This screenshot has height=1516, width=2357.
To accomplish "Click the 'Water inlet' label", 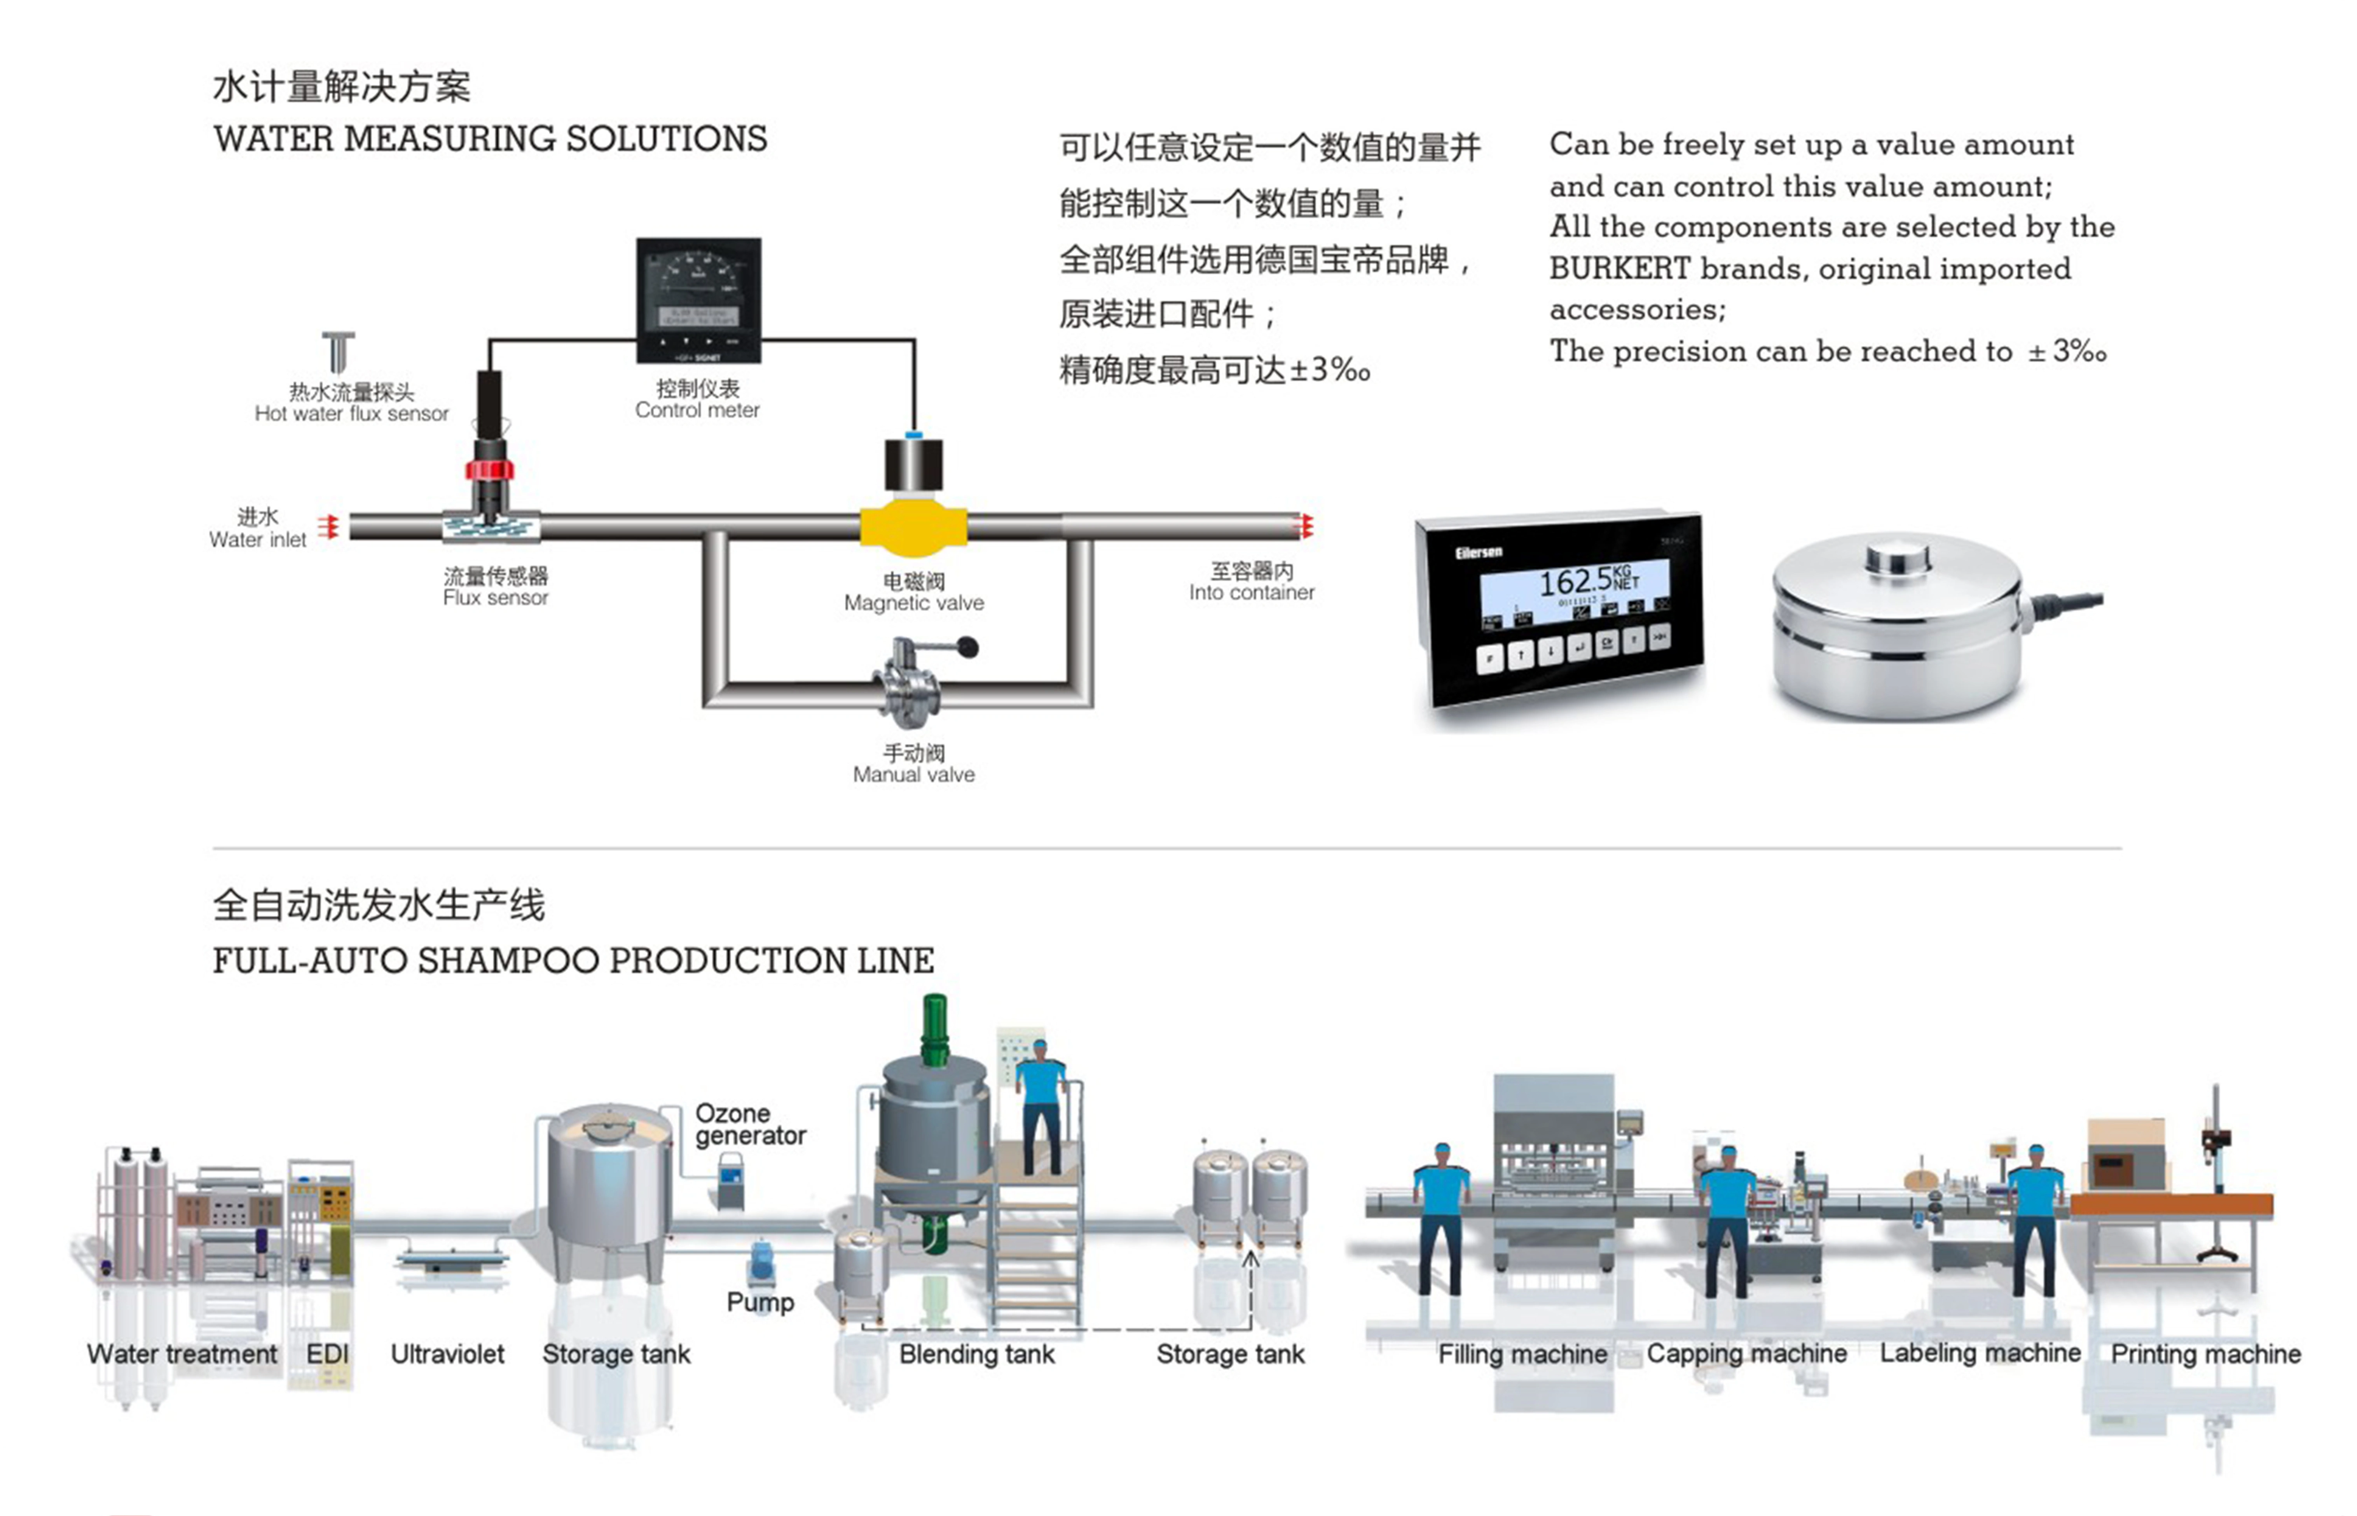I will [258, 539].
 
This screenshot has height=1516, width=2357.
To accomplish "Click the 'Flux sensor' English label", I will [495, 598].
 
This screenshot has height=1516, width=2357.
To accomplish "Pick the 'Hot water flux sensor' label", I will [351, 413].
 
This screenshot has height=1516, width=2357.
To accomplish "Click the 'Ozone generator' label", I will [750, 1124].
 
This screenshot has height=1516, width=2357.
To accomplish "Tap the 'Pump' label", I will [760, 1303].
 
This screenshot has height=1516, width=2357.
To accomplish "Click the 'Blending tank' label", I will [976, 1355].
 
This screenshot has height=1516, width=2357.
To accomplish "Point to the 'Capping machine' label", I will [1747, 1355].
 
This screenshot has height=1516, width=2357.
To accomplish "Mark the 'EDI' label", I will [328, 1355].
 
